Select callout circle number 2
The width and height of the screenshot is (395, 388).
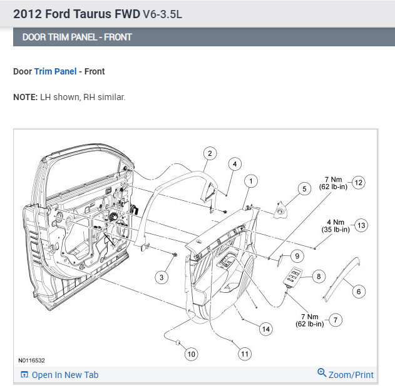[210, 153]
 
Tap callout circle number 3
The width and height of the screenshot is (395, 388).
[162, 277]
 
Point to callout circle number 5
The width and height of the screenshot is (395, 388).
[304, 188]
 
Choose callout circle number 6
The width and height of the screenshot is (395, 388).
[359, 291]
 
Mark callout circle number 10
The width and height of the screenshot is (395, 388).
[191, 354]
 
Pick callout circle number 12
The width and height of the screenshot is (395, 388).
[358, 183]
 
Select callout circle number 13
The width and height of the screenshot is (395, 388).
[361, 225]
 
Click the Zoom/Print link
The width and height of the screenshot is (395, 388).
[346, 375]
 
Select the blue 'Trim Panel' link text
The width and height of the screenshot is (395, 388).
[55, 71]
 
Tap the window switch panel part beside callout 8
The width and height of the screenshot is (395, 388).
[293, 276]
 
